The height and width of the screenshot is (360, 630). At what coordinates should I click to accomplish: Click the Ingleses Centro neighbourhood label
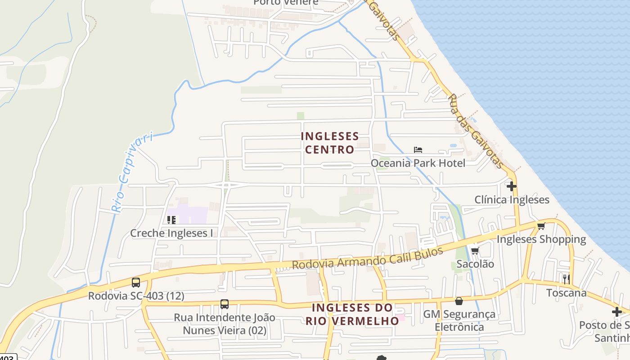click(330, 143)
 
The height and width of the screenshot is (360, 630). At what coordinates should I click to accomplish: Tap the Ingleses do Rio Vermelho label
click(352, 314)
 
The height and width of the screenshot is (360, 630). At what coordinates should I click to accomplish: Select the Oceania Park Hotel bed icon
click(418, 150)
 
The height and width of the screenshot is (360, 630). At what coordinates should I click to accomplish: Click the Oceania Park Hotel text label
click(418, 162)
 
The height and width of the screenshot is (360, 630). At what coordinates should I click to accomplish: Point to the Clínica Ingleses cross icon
click(511, 186)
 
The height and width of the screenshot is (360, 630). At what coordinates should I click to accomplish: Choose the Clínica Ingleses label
click(512, 199)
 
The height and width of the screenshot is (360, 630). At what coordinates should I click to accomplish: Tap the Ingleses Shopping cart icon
click(541, 226)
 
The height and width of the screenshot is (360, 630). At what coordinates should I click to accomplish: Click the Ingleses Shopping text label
click(541, 239)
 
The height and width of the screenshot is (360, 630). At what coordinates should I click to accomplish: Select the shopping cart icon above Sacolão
click(475, 251)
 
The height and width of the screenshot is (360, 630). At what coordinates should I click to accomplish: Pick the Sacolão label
click(475, 264)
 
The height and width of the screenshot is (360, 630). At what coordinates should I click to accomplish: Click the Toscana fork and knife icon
click(566, 279)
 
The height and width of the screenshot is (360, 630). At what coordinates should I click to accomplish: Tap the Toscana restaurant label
click(566, 293)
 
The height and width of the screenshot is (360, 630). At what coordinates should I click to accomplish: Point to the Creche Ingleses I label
click(171, 233)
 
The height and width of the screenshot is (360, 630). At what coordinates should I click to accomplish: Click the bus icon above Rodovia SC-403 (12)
click(135, 283)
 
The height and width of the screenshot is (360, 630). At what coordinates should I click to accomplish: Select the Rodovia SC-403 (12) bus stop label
click(136, 296)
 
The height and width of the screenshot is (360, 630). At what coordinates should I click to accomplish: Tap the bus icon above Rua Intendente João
click(225, 304)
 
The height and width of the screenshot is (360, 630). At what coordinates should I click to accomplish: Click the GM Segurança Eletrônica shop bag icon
click(459, 301)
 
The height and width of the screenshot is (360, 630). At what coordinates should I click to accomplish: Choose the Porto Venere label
click(286, 2)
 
